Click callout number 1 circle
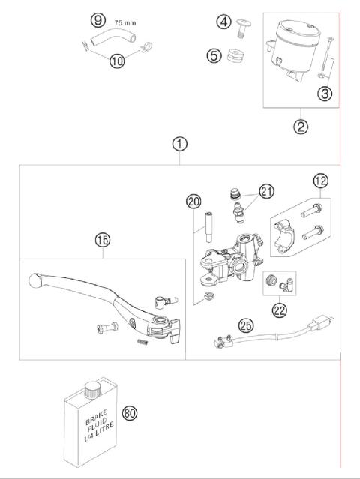[x=179, y=142]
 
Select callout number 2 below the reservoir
[x=300, y=126]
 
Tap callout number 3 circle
[x=324, y=94]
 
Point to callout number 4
[x=223, y=22]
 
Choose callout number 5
[x=214, y=55]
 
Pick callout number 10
[x=116, y=61]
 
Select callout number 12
[x=321, y=181]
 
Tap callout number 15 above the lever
[x=102, y=241]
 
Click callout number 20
[x=193, y=201]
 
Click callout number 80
[x=130, y=412]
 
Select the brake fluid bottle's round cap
[x=93, y=388]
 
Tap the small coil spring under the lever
[x=139, y=343]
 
